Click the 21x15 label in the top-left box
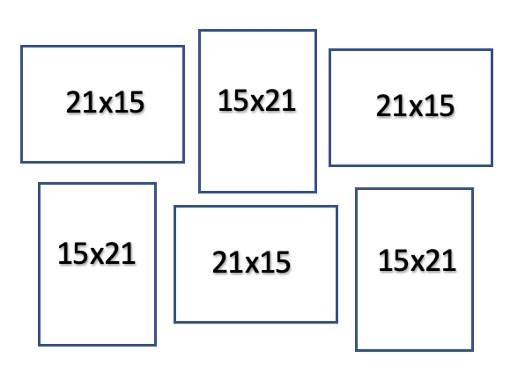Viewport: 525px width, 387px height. pyautogui.click(x=105, y=102)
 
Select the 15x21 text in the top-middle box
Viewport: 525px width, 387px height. pyautogui.click(x=257, y=100)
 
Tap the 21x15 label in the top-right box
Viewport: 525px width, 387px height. pyautogui.click(x=415, y=106)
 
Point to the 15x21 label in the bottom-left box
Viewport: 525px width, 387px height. pyautogui.click(x=97, y=253)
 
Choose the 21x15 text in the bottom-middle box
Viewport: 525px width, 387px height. pyautogui.click(x=251, y=262)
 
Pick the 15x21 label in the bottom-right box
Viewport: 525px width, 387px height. pyautogui.click(x=418, y=260)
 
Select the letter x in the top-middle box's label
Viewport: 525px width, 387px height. pyautogui.click(x=257, y=103)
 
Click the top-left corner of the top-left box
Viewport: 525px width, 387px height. pyautogui.click(x=21, y=46)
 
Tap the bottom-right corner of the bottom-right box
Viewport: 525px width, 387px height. pyautogui.click(x=472, y=350)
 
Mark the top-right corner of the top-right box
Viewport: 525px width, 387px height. pyautogui.click(x=492, y=50)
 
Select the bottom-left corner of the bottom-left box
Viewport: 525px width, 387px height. pyautogui.click(x=39, y=345)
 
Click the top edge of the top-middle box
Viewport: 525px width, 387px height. pyautogui.click(x=257, y=31)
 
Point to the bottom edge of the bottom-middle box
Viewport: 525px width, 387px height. pyautogui.click(x=255, y=322)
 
